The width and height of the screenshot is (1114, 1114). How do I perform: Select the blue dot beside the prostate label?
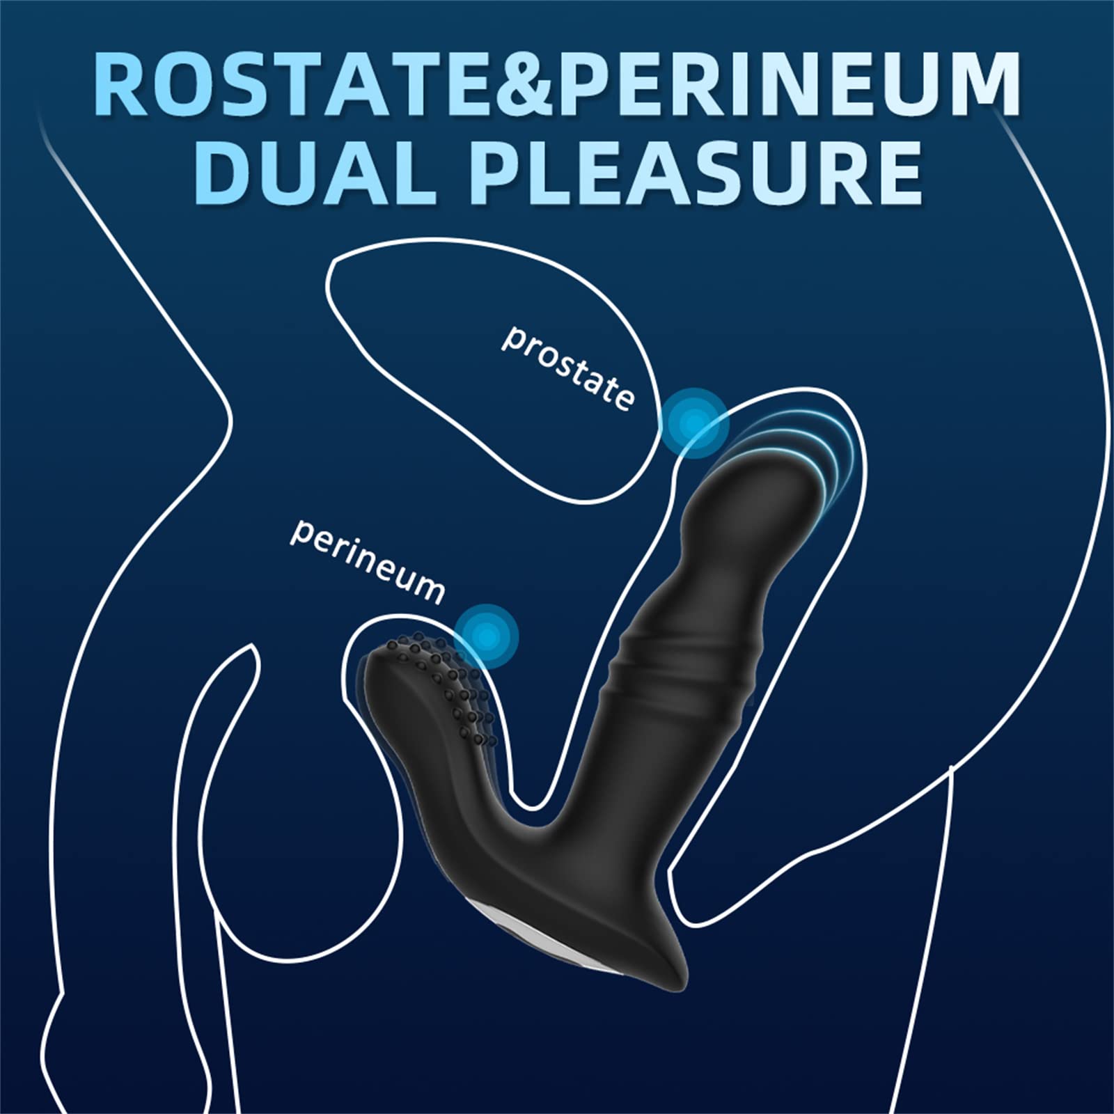(x=694, y=422)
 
